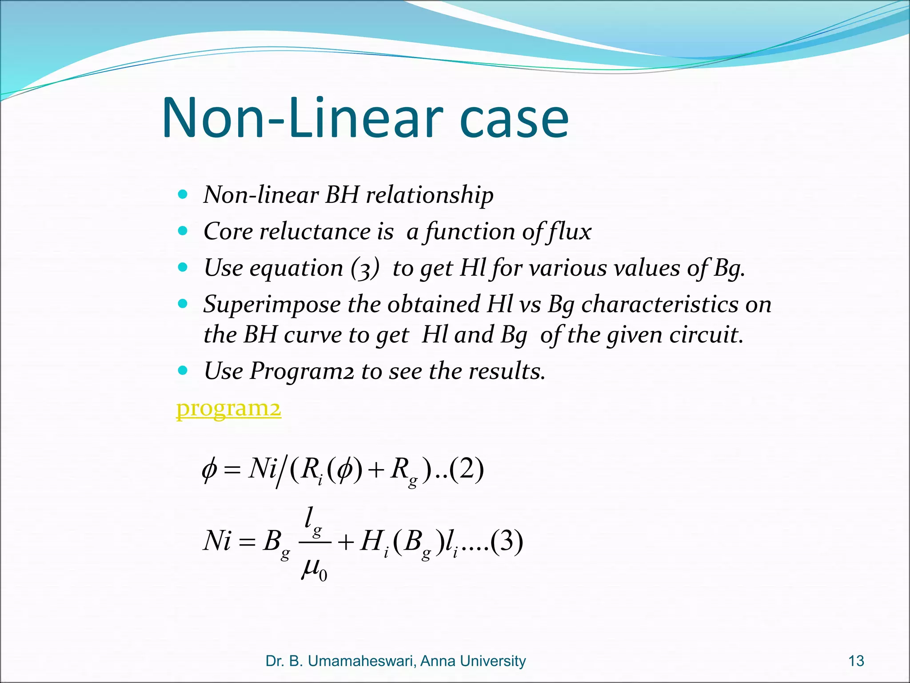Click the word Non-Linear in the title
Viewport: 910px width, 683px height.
pos(302,117)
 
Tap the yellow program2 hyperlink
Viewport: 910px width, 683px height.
pos(228,408)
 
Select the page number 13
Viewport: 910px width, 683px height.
pos(856,661)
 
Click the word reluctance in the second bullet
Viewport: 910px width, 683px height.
pos(315,232)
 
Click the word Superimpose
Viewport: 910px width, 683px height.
pos(272,305)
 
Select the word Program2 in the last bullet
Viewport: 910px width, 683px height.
pos(302,371)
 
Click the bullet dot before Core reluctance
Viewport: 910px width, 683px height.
pos(182,231)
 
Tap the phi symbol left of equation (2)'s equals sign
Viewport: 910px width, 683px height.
pos(209,470)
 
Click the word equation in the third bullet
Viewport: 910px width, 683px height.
pos(296,269)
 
